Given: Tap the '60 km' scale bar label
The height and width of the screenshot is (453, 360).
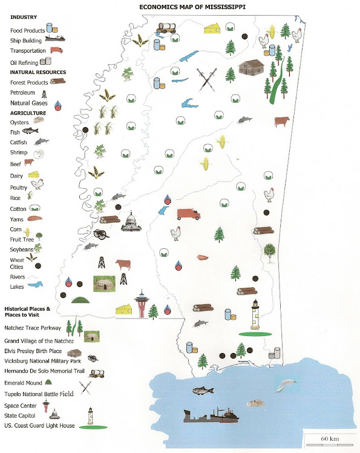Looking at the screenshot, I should (x=329, y=438).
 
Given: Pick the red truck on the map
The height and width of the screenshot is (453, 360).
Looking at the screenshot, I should (x=188, y=214).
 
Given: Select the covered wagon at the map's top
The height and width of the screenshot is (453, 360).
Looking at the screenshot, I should (x=166, y=28).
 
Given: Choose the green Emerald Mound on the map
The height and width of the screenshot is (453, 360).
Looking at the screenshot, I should (x=79, y=300).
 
